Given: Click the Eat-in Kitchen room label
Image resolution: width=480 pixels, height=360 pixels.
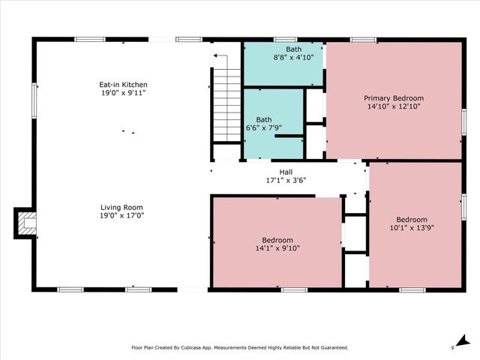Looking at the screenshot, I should point(124,85).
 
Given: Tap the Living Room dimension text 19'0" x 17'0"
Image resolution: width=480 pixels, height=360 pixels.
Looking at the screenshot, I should point(122,215).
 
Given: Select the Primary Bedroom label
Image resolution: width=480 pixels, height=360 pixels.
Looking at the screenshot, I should point(394,98).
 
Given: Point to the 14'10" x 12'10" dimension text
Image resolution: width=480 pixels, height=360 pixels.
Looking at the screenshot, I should point(394,106).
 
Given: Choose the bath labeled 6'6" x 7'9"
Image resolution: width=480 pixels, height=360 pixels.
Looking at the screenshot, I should point(264,124).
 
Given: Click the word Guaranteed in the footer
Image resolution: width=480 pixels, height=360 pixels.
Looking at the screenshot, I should point(330,347).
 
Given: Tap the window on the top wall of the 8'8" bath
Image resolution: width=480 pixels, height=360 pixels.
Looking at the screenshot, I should point(285,39).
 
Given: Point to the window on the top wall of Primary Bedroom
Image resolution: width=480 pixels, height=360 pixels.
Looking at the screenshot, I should point(363,39).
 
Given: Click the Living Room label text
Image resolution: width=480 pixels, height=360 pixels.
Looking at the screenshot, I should point(122,207).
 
